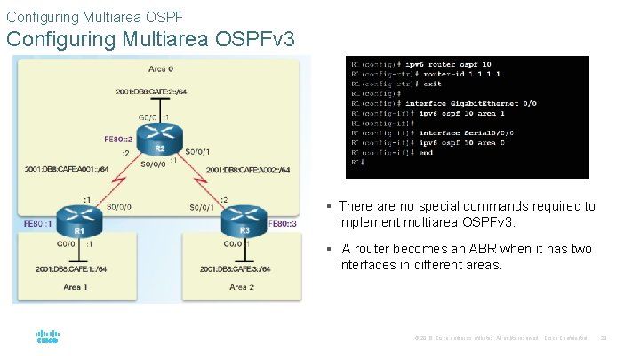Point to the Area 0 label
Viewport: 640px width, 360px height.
click(x=161, y=68)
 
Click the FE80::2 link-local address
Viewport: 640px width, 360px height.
click(x=118, y=138)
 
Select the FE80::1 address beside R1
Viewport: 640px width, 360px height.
click(x=36, y=224)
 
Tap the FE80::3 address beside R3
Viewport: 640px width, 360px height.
click(x=284, y=224)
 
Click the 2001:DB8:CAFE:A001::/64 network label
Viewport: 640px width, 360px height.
click(x=67, y=168)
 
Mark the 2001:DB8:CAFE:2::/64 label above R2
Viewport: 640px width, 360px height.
click(x=152, y=92)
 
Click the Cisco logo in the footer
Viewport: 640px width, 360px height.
click(x=47, y=339)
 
